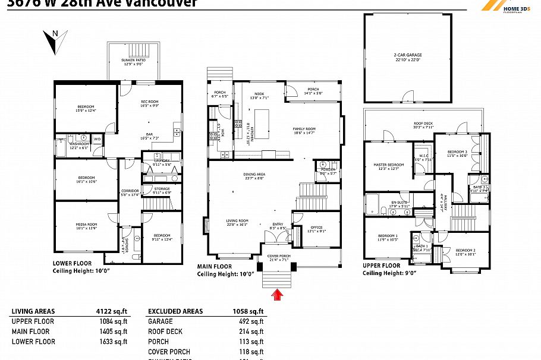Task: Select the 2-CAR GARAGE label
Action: coord(407,57)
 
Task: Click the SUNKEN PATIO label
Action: coord(133,61)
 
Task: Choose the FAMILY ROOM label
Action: coord(304,131)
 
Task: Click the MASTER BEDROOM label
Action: coord(388,166)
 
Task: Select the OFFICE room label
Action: coord(316,229)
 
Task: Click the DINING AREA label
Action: coord(254,176)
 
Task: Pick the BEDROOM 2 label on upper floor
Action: coord(465,252)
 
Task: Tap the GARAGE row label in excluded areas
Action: coord(160,321)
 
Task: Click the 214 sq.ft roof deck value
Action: coord(253,331)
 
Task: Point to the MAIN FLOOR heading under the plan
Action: coord(215,267)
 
